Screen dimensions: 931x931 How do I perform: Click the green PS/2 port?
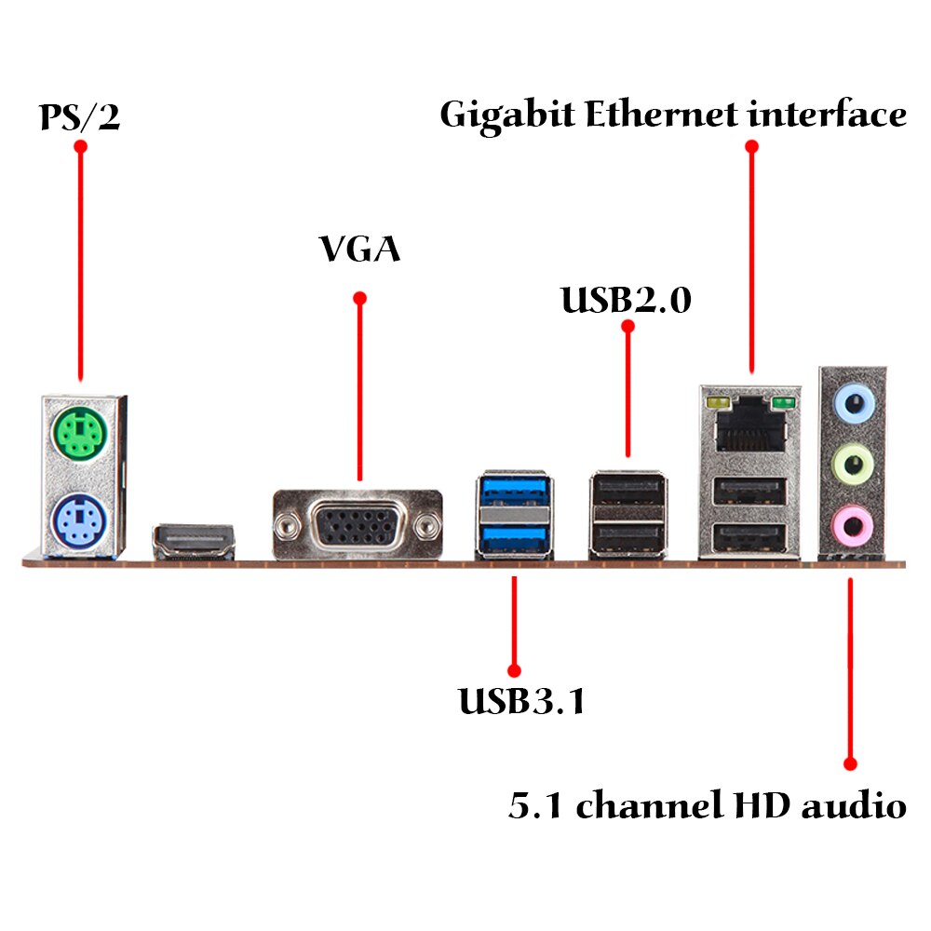tap(79, 432)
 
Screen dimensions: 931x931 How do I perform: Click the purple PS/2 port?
tap(79, 521)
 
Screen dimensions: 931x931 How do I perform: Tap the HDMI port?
tap(194, 541)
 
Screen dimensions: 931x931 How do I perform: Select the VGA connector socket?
tap(358, 523)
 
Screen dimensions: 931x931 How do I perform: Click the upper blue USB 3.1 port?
tap(514, 491)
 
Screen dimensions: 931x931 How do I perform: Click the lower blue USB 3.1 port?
tap(514, 538)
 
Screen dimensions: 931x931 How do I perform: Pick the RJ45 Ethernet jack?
tap(751, 425)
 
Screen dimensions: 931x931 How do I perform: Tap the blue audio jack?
tap(854, 404)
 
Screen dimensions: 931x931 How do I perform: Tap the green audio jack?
tap(853, 464)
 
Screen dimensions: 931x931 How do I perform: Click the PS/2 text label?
tap(79, 117)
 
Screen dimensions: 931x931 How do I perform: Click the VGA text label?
tap(359, 249)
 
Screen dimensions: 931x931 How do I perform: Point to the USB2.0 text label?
tap(627, 299)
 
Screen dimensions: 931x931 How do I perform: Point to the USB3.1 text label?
tap(522, 701)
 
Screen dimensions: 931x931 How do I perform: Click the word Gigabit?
tap(507, 116)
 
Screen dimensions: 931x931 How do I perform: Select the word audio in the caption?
tap(854, 804)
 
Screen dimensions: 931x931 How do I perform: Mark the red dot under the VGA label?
tap(359, 298)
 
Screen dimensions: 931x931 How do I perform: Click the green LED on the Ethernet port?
tap(783, 404)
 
